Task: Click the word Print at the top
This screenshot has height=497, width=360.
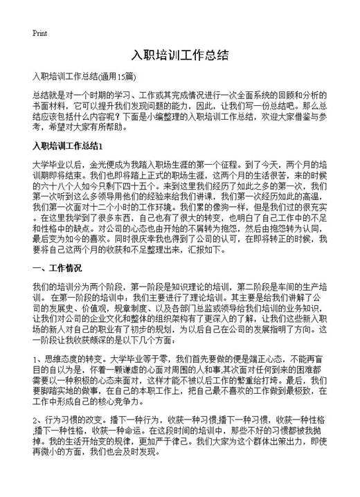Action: pyautogui.click(x=39, y=33)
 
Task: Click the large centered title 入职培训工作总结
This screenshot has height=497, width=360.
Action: pyautogui.click(x=179, y=55)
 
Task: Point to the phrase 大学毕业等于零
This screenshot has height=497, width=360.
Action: pyautogui.click(x=142, y=359)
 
